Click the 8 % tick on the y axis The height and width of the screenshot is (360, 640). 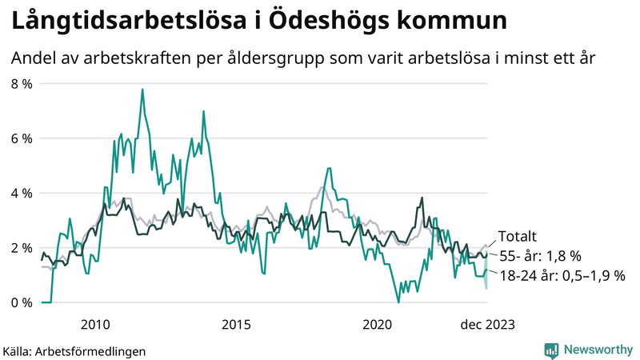pyautogui.click(x=21, y=84)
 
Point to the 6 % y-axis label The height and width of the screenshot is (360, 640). pyautogui.click(x=21, y=138)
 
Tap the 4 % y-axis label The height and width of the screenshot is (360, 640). pyautogui.click(x=21, y=193)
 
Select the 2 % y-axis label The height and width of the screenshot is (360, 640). pyautogui.click(x=21, y=248)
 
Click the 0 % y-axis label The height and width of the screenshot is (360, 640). pyautogui.click(x=21, y=302)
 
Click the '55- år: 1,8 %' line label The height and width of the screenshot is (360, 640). pyautogui.click(x=540, y=256)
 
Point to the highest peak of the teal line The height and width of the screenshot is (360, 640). pyautogui.click(x=142, y=90)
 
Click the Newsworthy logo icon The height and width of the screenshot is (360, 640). pyautogui.click(x=552, y=350)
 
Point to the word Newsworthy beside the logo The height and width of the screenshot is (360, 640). pyautogui.click(x=597, y=350)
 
